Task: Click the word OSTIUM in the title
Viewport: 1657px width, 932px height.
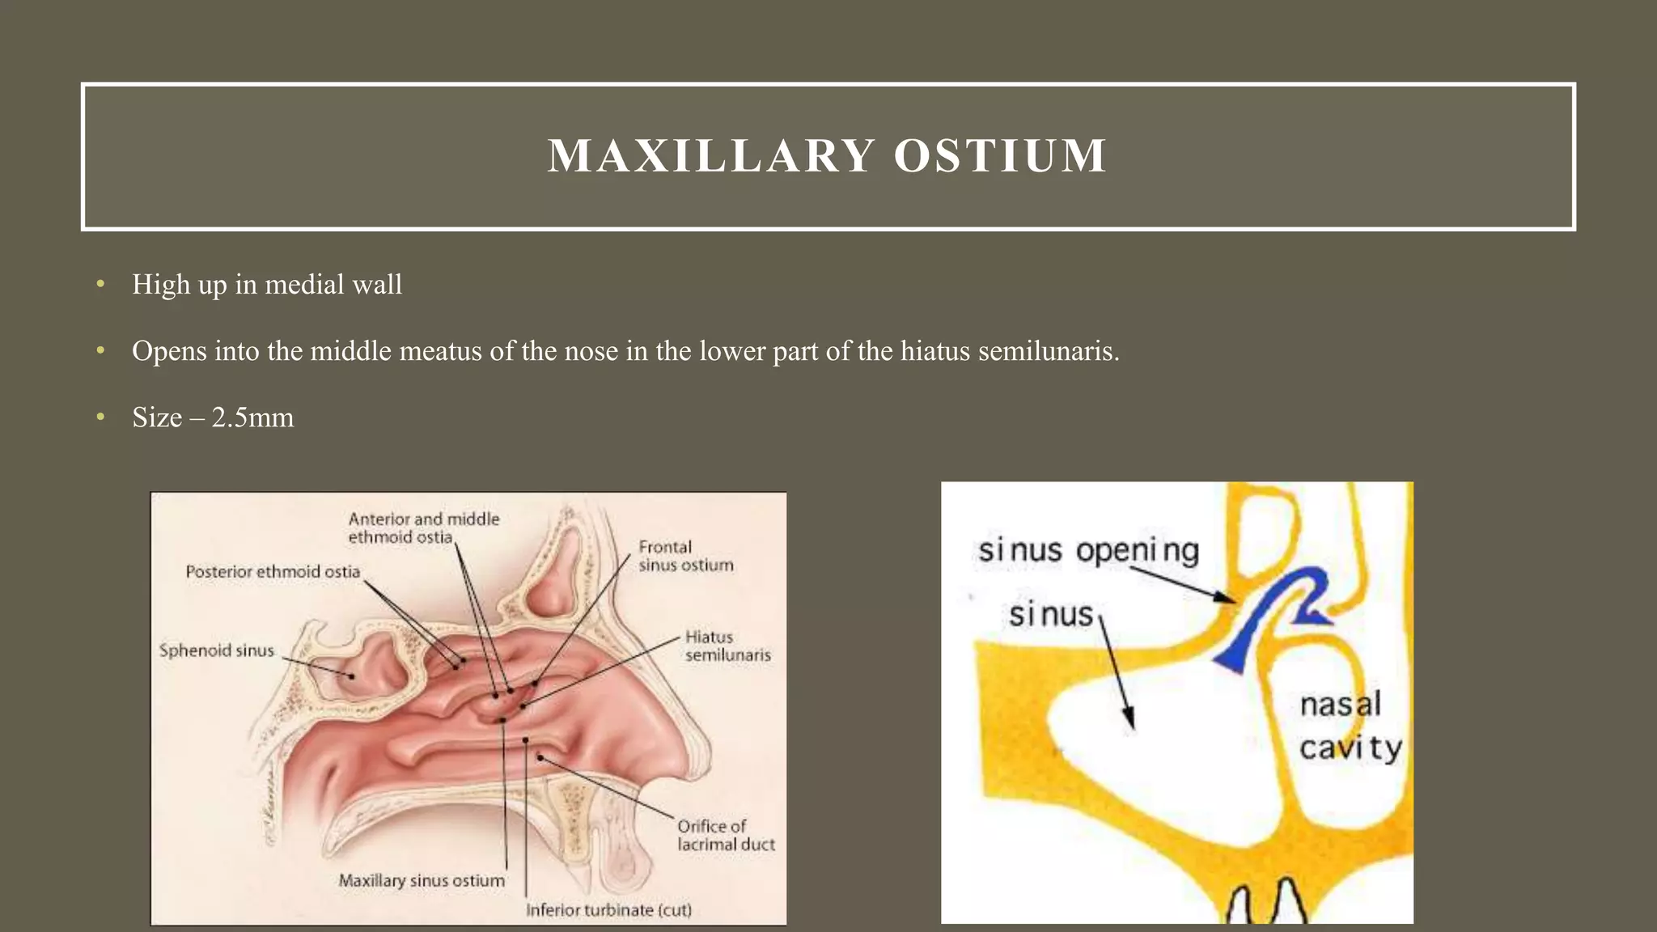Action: pyautogui.click(x=1000, y=155)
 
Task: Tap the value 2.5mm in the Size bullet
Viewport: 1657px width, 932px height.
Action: pyautogui.click(x=252, y=417)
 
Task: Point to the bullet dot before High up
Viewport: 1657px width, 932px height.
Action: pyautogui.click(x=100, y=284)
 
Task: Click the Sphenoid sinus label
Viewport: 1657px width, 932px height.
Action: pyautogui.click(x=216, y=650)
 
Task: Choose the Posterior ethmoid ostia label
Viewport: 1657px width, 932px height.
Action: pyautogui.click(x=273, y=571)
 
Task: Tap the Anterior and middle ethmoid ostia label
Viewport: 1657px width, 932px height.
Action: pyautogui.click(x=423, y=527)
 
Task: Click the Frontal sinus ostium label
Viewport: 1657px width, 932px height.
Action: pyautogui.click(x=685, y=556)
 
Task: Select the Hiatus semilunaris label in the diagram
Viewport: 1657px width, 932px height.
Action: pyautogui.click(x=727, y=646)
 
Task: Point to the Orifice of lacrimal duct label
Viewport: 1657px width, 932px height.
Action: pyautogui.click(x=726, y=835)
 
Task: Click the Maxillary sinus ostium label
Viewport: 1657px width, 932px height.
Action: pyautogui.click(x=421, y=880)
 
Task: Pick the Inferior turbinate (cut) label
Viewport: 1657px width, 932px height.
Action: pyautogui.click(x=608, y=910)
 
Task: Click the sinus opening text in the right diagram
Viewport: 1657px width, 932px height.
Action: pyautogui.click(x=1088, y=551)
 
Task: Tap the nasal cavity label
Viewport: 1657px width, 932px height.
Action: pyautogui.click(x=1349, y=726)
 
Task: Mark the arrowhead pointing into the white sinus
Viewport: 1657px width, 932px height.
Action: pyautogui.click(x=1129, y=720)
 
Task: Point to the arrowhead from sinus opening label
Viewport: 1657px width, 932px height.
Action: pyautogui.click(x=1227, y=598)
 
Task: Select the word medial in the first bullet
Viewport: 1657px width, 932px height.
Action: pyautogui.click(x=301, y=285)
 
